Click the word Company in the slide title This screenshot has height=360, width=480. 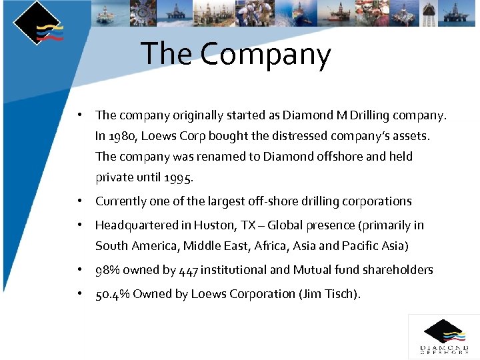coord(265,55)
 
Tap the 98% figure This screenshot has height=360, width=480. coord(108,270)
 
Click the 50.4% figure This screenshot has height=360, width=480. coord(113,294)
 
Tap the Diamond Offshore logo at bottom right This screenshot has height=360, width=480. coord(443,336)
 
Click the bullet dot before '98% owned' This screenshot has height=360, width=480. coord(79,270)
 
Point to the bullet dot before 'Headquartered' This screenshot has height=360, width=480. coord(79,225)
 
